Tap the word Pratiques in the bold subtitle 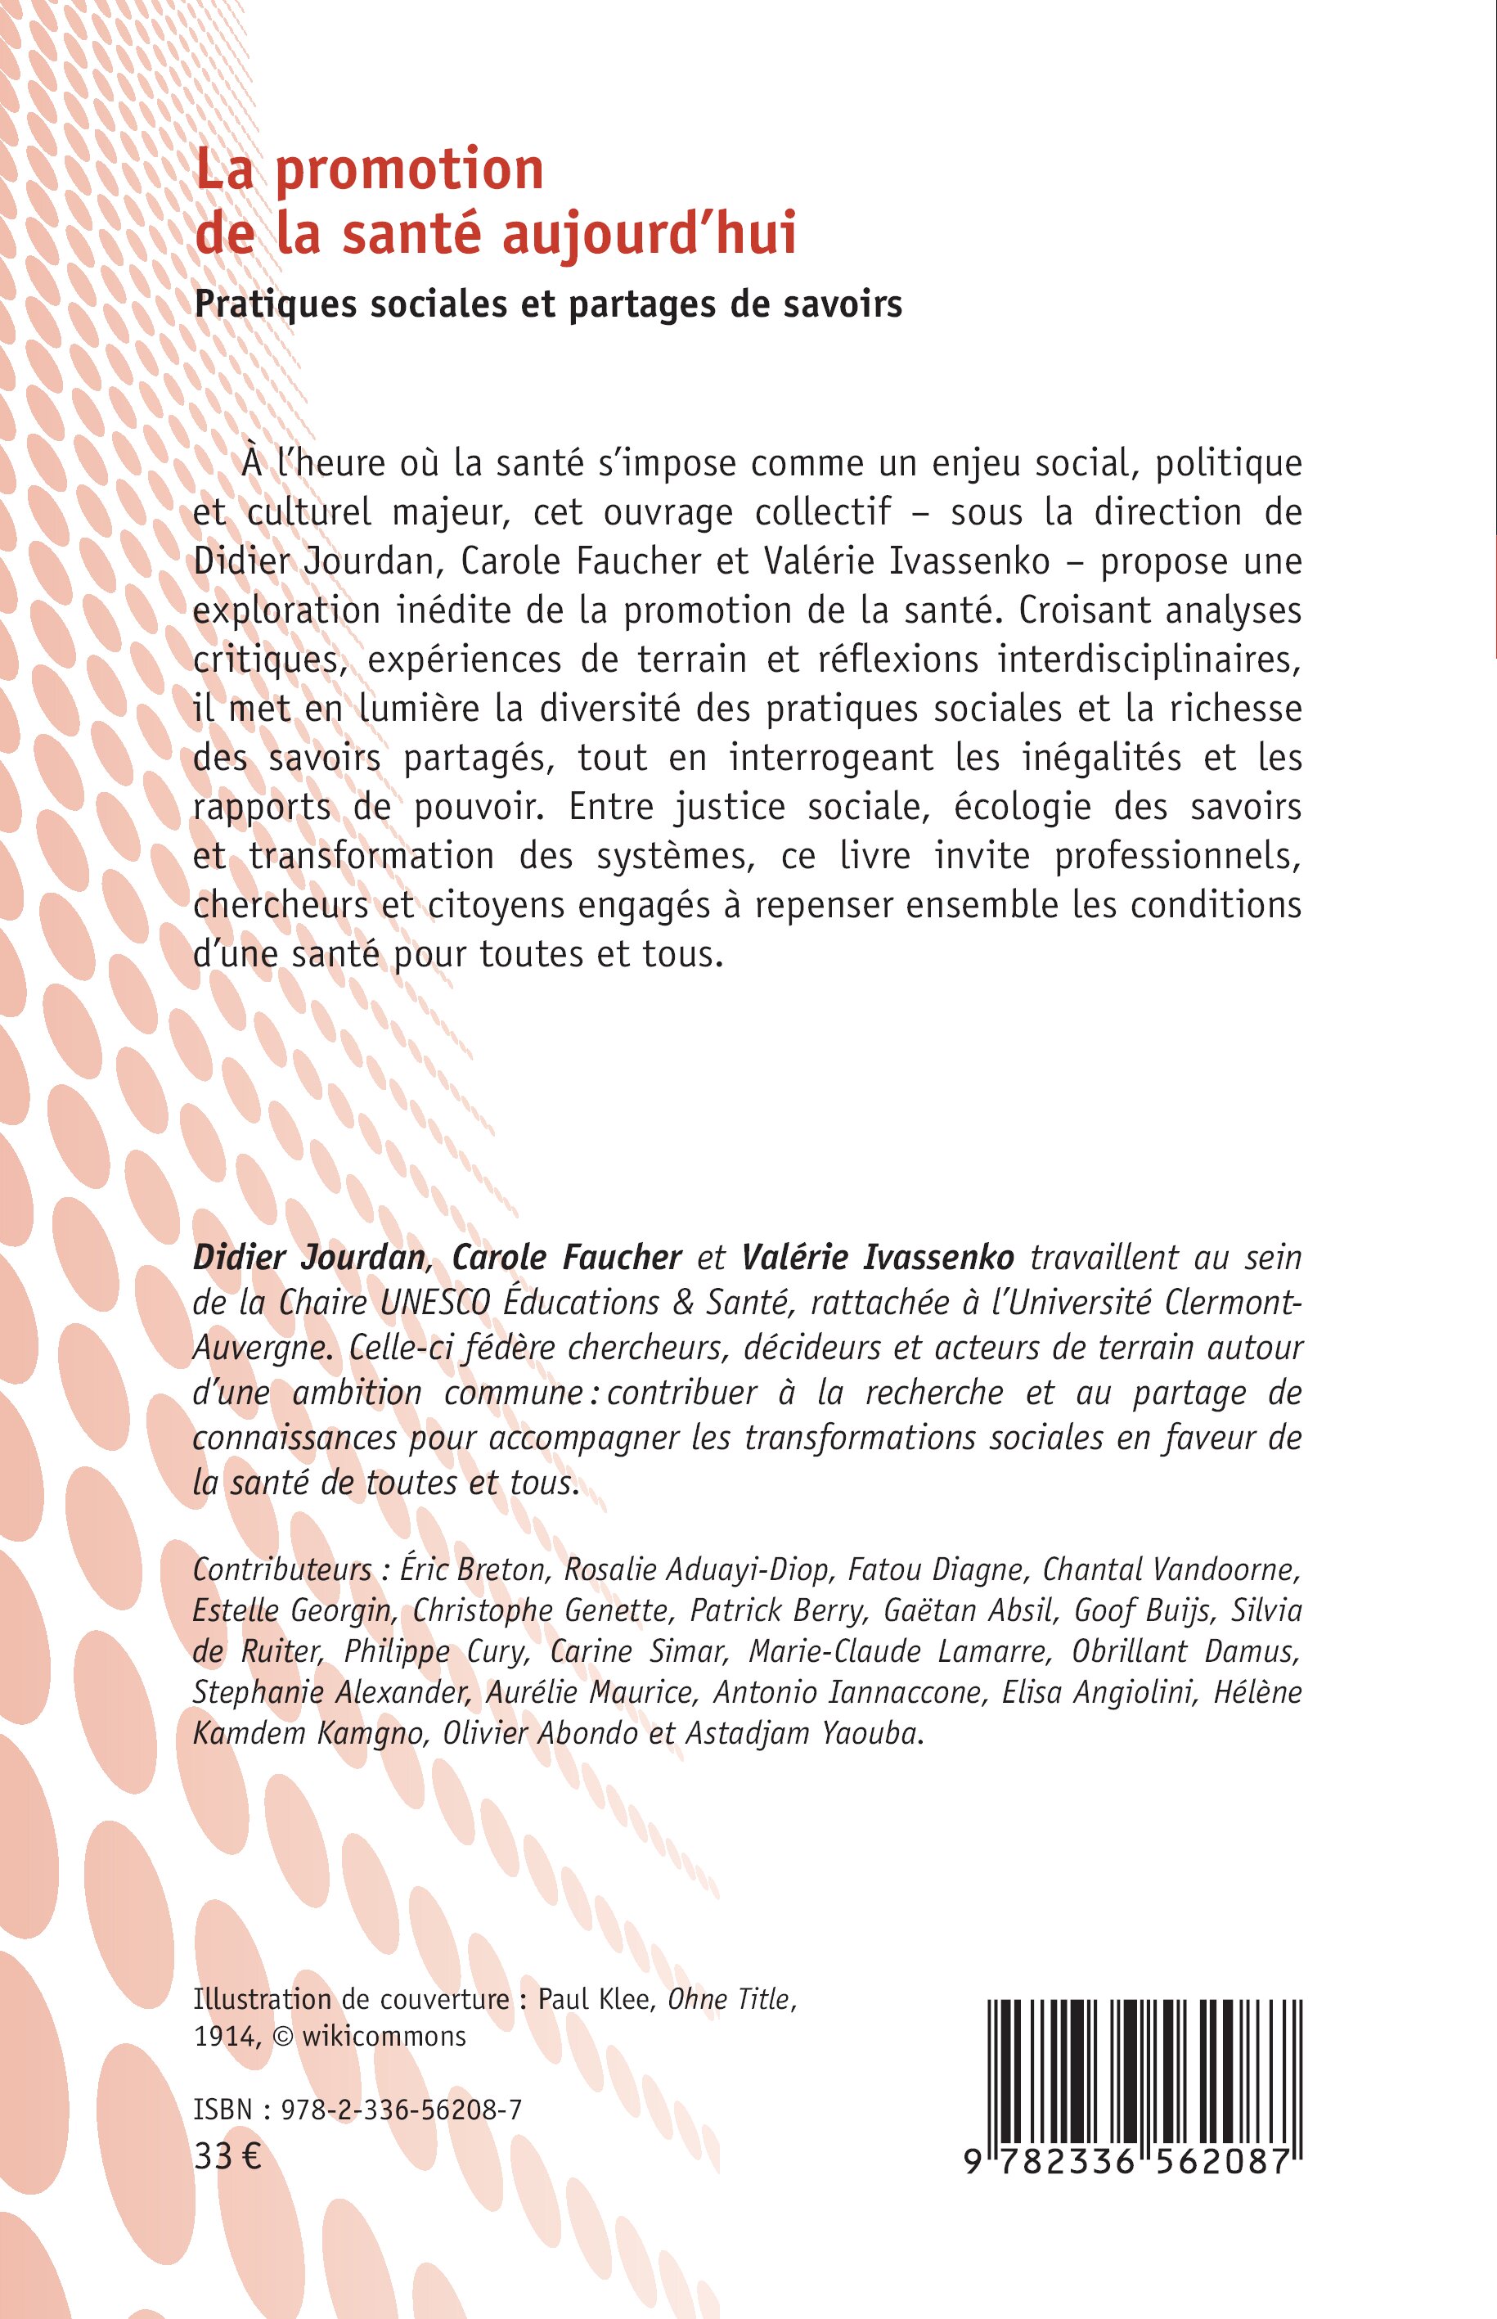coord(274,304)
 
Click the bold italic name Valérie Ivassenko coord(878,1257)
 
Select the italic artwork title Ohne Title coord(730,2000)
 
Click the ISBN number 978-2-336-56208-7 coord(402,2109)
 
